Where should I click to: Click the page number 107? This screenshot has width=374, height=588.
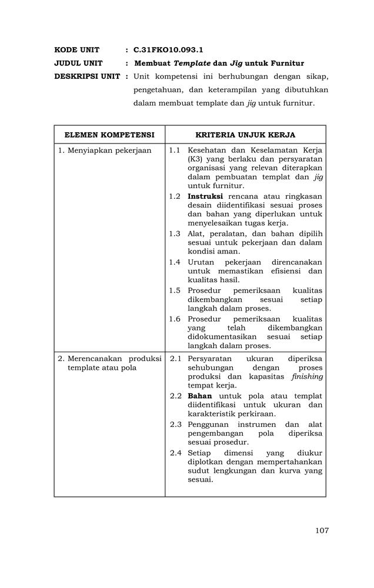[x=322, y=530]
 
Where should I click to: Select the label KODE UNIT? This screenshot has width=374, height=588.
[x=76, y=50]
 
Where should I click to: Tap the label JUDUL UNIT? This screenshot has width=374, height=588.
[x=78, y=63]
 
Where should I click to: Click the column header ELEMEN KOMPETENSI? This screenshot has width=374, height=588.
[x=109, y=135]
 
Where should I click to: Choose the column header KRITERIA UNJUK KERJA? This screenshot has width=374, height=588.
[x=245, y=135]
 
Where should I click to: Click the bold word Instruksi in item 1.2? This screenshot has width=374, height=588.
[x=205, y=196]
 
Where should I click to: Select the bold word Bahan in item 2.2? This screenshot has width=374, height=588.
[x=199, y=396]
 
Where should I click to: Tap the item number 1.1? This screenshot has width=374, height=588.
[x=175, y=151]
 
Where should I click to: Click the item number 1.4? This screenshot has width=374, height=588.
[x=175, y=262]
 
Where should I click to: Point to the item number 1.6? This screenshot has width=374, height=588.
[x=175, y=319]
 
